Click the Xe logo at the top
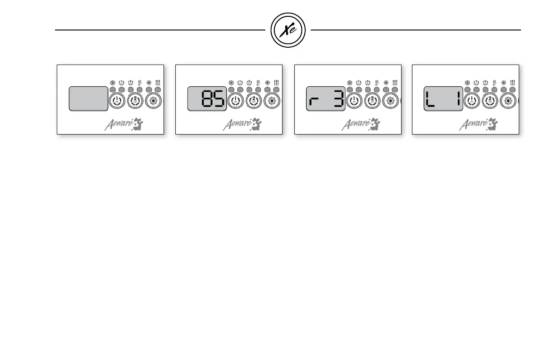(288, 30)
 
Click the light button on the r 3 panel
(390, 101)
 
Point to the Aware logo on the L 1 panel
(478, 124)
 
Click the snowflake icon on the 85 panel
(231, 83)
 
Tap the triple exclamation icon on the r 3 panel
(395, 83)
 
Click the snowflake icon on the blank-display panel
(113, 83)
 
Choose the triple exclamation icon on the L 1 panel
(512, 83)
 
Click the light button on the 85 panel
(272, 101)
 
